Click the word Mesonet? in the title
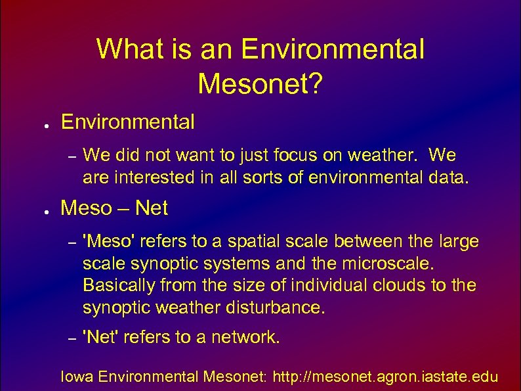[260, 83]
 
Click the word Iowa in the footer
[75, 377]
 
